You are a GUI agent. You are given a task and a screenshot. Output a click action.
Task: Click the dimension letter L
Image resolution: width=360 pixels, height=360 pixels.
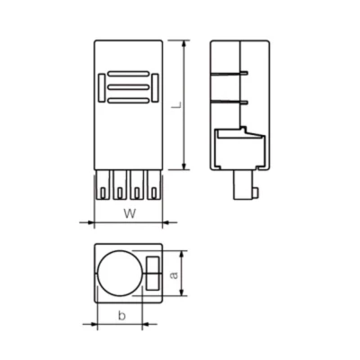[x=176, y=105]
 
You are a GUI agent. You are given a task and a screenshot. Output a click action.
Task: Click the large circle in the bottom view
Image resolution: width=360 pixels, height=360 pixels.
[x=120, y=273]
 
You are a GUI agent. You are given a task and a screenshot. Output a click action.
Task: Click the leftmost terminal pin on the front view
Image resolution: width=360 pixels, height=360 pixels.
[x=102, y=187]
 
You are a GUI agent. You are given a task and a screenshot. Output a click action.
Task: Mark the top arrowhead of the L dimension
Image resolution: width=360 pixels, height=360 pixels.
[x=184, y=43]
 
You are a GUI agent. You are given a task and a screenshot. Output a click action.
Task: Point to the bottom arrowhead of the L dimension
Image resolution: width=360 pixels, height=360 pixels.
[x=184, y=167]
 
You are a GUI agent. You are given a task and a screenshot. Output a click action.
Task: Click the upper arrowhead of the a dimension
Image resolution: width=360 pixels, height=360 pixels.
[x=183, y=252]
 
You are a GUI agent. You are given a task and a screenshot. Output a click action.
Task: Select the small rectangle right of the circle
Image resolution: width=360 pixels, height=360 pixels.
[x=151, y=272]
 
